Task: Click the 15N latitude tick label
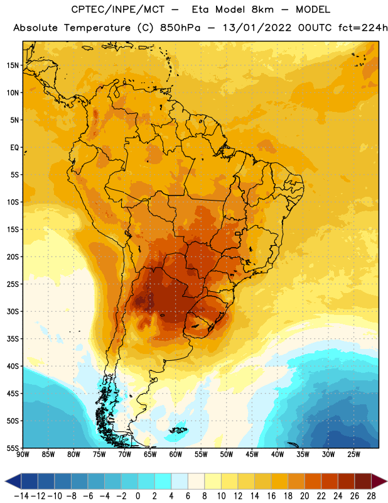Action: click(13, 65)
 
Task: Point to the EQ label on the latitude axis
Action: click(14, 148)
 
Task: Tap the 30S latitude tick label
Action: click(13, 311)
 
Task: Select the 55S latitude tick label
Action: click(13, 448)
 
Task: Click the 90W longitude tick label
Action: click(23, 455)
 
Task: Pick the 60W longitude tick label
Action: click(176, 455)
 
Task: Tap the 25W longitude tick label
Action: click(353, 455)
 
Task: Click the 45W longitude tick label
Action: click(252, 455)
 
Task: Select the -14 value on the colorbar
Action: click(21, 496)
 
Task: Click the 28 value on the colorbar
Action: click(371, 496)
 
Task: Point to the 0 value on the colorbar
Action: click(137, 496)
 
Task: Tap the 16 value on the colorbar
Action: click(271, 496)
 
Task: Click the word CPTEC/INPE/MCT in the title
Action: click(118, 9)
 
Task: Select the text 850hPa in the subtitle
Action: click(180, 28)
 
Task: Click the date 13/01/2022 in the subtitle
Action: click(257, 28)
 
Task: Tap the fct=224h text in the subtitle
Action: click(363, 28)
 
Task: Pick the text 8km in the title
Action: click(262, 9)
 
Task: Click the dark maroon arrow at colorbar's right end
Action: click(379, 481)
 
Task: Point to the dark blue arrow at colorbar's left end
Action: click(13, 481)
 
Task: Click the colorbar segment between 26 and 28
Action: click(363, 481)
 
